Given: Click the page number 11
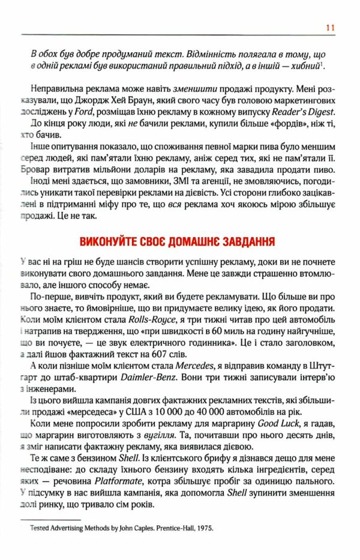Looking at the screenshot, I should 329,27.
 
